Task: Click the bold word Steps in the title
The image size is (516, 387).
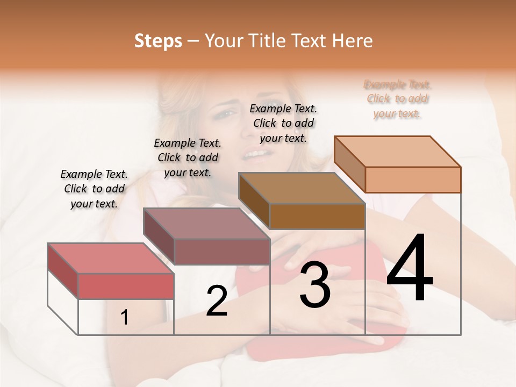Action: pos(158,41)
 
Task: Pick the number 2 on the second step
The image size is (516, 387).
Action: pos(217,301)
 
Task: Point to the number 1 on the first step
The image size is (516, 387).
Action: pos(124,318)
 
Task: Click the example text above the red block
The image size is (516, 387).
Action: pos(94,189)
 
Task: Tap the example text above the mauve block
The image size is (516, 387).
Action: pos(188,157)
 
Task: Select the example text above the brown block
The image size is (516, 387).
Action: pos(283,123)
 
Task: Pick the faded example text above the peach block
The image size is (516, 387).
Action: pos(397,99)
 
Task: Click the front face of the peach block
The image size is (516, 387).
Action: pos(413,180)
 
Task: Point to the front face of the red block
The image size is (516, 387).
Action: pos(126,285)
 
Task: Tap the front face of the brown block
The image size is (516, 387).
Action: pos(317,216)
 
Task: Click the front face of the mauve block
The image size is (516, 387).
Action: pos(222,252)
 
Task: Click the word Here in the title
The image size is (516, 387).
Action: pos(354,41)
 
